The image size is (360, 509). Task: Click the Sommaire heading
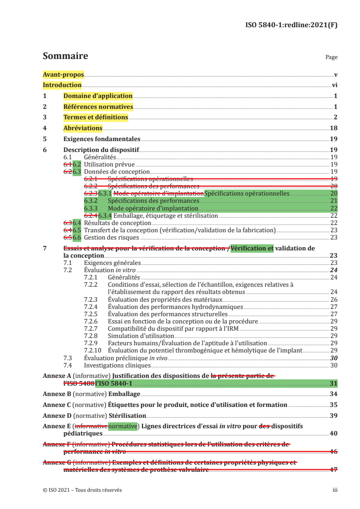[65, 56]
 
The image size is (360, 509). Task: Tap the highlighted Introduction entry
[62, 85]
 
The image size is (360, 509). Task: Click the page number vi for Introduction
[334, 85]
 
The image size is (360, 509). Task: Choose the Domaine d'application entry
[98, 96]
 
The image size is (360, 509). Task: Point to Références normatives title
[98, 107]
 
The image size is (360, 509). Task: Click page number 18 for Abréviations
[333, 128]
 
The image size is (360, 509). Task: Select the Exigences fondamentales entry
[102, 139]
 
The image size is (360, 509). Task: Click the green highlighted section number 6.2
[77, 164]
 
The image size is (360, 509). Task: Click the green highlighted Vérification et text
[252, 248]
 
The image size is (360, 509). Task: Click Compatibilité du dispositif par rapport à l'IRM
[173, 328]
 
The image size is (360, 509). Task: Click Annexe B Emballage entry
[91, 393]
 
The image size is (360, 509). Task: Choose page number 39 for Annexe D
[333, 415]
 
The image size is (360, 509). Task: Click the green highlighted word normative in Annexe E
[123, 426]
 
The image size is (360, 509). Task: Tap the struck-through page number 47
[333, 470]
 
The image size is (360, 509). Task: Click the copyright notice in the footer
[82, 490]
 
